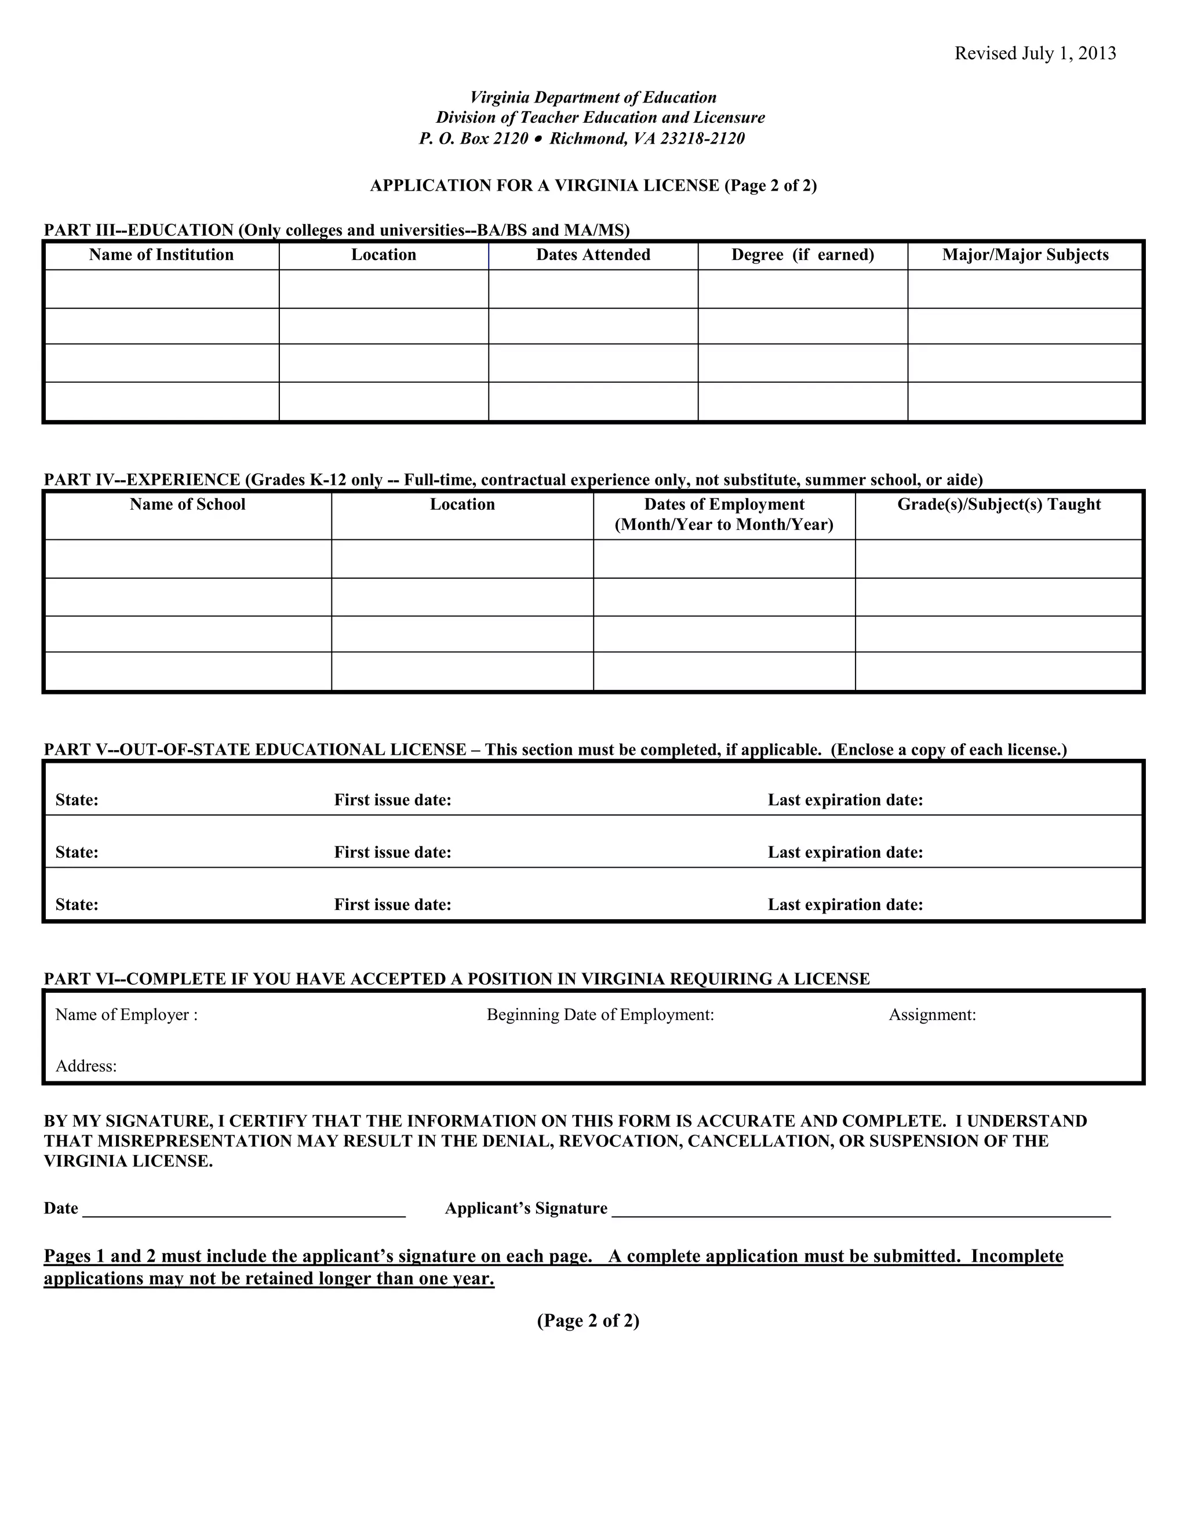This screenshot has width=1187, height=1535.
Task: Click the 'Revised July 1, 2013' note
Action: [1035, 53]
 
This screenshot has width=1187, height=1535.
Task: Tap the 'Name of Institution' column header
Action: [161, 254]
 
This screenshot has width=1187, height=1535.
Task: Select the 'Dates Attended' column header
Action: [593, 254]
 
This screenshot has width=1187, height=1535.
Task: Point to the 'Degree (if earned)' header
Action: [802, 254]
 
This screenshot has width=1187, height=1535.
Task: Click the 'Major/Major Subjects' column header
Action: [1025, 254]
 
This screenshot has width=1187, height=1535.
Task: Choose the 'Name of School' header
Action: [187, 504]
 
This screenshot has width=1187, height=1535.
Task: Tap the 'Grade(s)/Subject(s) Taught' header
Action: [999, 504]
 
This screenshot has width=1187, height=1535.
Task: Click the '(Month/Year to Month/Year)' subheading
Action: [723, 524]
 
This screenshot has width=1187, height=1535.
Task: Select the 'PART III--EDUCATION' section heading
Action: [139, 230]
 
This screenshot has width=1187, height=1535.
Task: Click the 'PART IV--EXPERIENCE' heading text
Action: [143, 480]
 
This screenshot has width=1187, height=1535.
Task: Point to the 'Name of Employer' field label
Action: [126, 1014]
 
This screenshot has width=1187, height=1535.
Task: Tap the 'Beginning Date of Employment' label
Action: [600, 1014]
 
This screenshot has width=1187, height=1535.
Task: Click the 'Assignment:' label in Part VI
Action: [932, 1014]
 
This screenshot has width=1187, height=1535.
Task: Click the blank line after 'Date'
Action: [244, 1209]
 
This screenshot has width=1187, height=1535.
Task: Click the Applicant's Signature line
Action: [861, 1209]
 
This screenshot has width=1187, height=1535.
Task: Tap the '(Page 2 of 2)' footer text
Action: [588, 1321]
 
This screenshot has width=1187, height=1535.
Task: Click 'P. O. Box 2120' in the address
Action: [474, 138]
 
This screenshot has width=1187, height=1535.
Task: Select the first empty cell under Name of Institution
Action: [162, 289]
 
